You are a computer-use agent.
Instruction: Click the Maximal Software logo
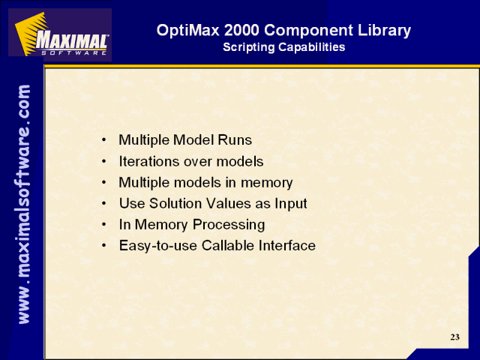pyautogui.click(x=60, y=34)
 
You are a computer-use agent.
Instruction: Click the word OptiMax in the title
pyautogui.click(x=188, y=30)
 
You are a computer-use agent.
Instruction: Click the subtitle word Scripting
pyautogui.click(x=249, y=47)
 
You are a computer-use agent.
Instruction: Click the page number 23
pyautogui.click(x=455, y=337)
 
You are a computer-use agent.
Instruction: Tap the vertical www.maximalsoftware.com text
pyautogui.click(x=24, y=204)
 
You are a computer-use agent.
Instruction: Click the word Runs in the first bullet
pyautogui.click(x=235, y=140)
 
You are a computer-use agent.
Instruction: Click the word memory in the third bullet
pyautogui.click(x=267, y=183)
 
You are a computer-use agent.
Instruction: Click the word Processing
pyautogui.click(x=229, y=225)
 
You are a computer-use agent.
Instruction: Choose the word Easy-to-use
pyautogui.click(x=158, y=246)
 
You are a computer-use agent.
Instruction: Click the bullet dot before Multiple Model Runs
pyautogui.click(x=104, y=140)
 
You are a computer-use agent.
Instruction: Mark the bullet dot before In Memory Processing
pyautogui.click(x=104, y=225)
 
